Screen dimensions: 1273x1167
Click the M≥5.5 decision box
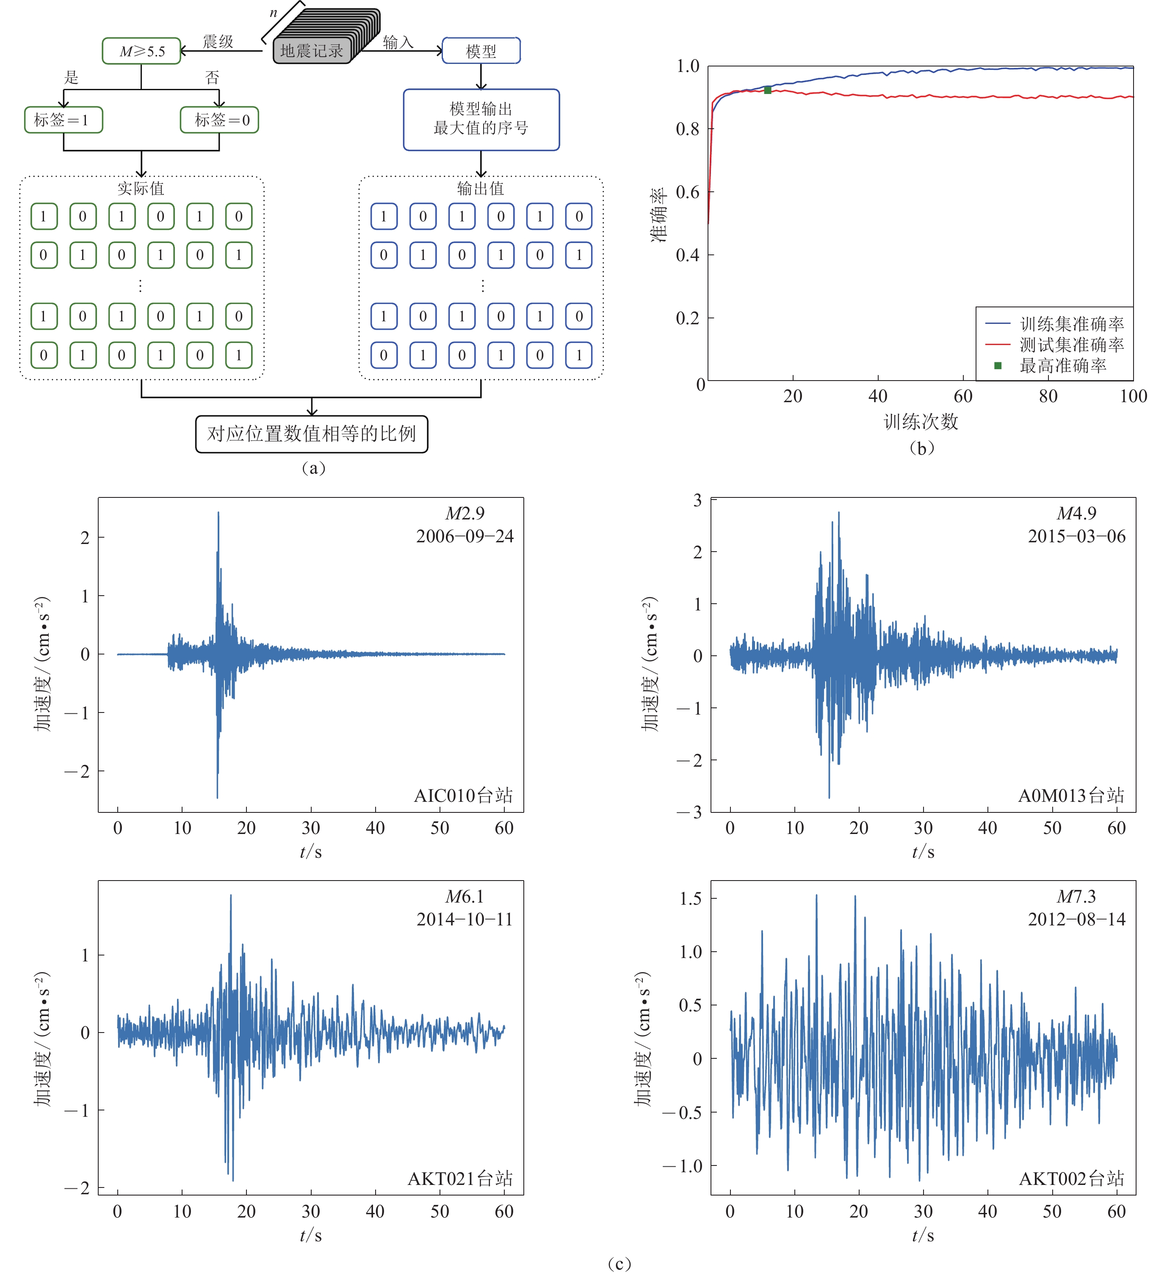141,51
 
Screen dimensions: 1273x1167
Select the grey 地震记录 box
312,51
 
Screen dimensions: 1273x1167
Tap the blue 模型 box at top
481,51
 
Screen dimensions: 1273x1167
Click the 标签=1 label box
63,120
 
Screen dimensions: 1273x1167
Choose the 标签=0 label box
219,120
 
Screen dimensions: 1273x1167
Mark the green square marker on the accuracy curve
768,90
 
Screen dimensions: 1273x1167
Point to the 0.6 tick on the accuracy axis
688,192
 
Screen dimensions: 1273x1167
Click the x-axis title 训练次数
921,421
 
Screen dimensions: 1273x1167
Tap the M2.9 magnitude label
465,514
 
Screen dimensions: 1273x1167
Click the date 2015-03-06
1077,536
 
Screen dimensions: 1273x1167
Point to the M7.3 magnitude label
1077,897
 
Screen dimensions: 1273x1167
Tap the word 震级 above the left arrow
218,41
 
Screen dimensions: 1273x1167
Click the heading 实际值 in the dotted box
141,188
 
